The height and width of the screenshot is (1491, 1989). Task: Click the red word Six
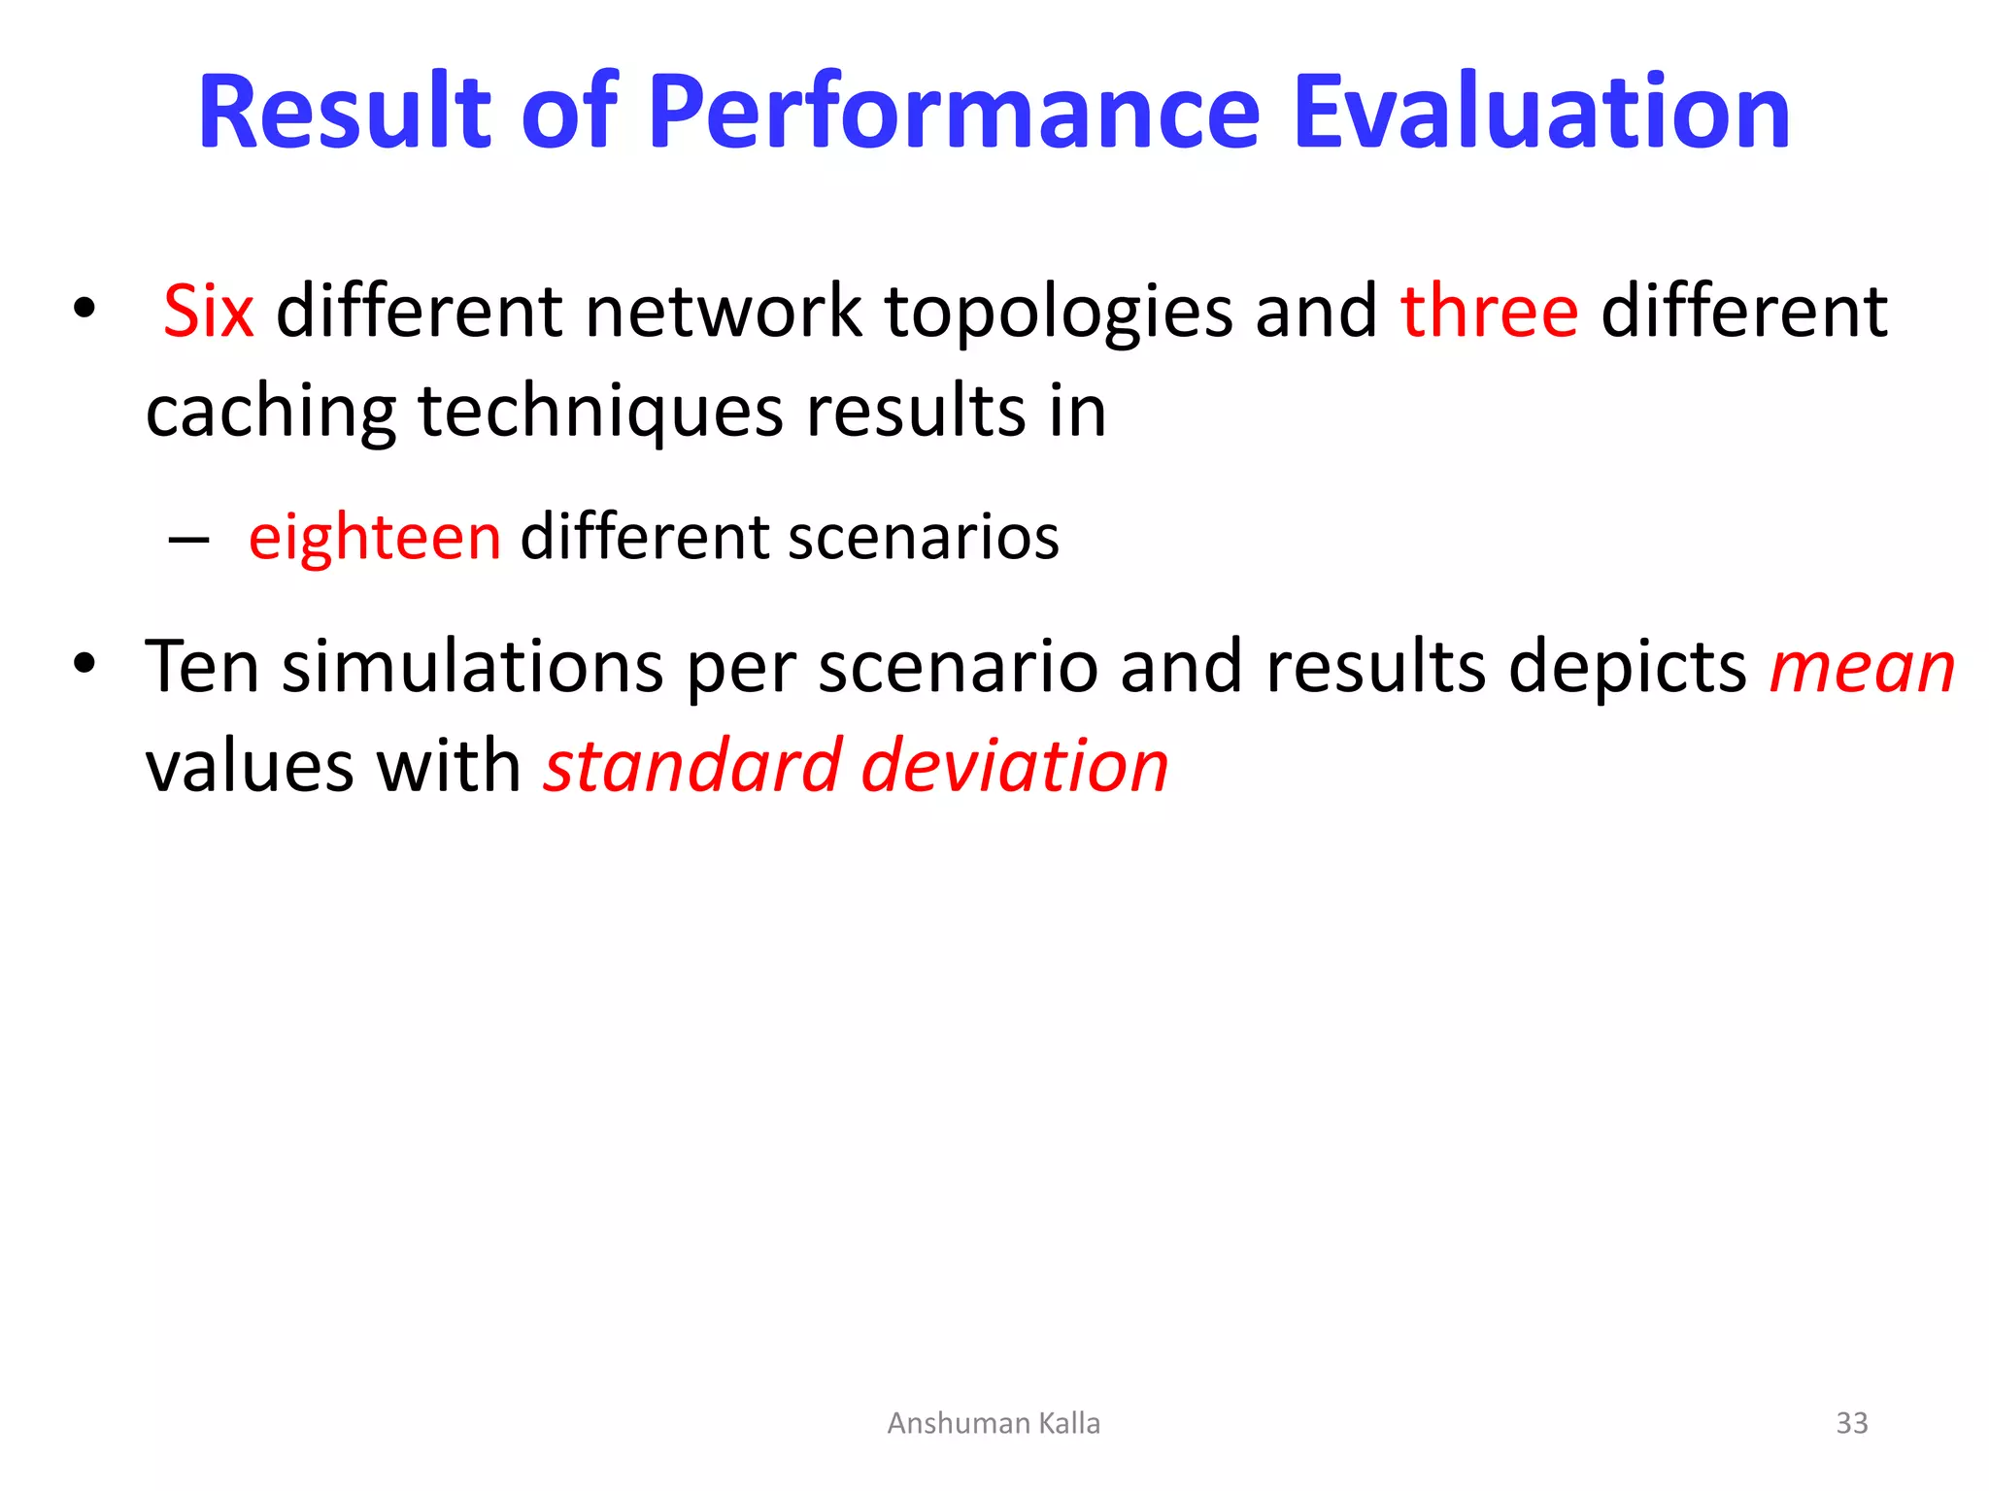(208, 312)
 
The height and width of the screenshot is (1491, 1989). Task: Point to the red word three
(1489, 312)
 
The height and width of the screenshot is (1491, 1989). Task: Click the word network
(724, 312)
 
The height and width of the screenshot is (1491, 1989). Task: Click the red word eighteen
(375, 539)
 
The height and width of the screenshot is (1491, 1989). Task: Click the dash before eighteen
(188, 539)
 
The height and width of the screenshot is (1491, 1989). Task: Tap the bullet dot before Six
(84, 309)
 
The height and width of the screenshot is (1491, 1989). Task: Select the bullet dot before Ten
(84, 664)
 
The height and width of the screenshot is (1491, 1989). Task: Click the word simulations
(472, 667)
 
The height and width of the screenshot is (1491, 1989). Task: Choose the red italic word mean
(1862, 669)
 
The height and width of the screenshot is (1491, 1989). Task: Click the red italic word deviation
(1015, 766)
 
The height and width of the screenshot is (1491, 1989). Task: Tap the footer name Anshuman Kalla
(994, 1423)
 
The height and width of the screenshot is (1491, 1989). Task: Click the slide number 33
(1851, 1423)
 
